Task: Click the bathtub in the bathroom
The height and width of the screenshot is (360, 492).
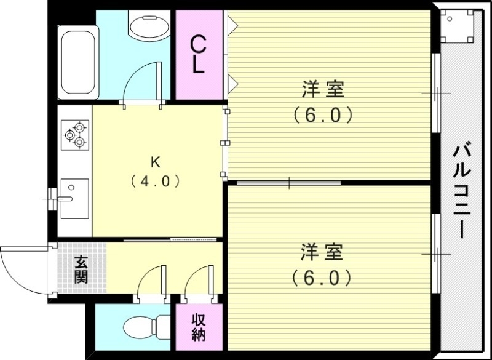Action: click(x=77, y=62)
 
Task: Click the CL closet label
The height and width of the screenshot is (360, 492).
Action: click(x=198, y=54)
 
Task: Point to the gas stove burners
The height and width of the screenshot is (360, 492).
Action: click(x=75, y=134)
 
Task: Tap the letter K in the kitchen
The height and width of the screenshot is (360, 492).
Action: click(x=155, y=162)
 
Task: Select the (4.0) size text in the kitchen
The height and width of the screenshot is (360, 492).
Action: click(x=155, y=182)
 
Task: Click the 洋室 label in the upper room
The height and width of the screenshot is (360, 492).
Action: click(x=322, y=90)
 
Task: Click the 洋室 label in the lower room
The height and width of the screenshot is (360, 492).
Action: click(x=322, y=253)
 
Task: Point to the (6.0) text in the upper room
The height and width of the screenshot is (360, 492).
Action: click(x=322, y=115)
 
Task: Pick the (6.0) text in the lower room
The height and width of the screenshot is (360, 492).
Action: click(x=322, y=278)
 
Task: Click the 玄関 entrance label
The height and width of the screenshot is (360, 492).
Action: click(x=81, y=270)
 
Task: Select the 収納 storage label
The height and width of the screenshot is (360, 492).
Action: click(x=198, y=327)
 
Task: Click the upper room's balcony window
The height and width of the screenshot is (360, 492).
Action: click(x=436, y=93)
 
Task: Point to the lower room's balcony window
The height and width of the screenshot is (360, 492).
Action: click(x=436, y=253)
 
